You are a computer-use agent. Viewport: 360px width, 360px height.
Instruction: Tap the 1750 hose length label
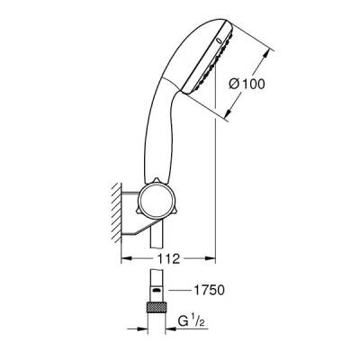point(207,291)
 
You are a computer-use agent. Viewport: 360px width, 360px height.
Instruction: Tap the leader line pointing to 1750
point(180,291)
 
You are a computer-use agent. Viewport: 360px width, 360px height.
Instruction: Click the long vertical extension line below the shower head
point(216,180)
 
